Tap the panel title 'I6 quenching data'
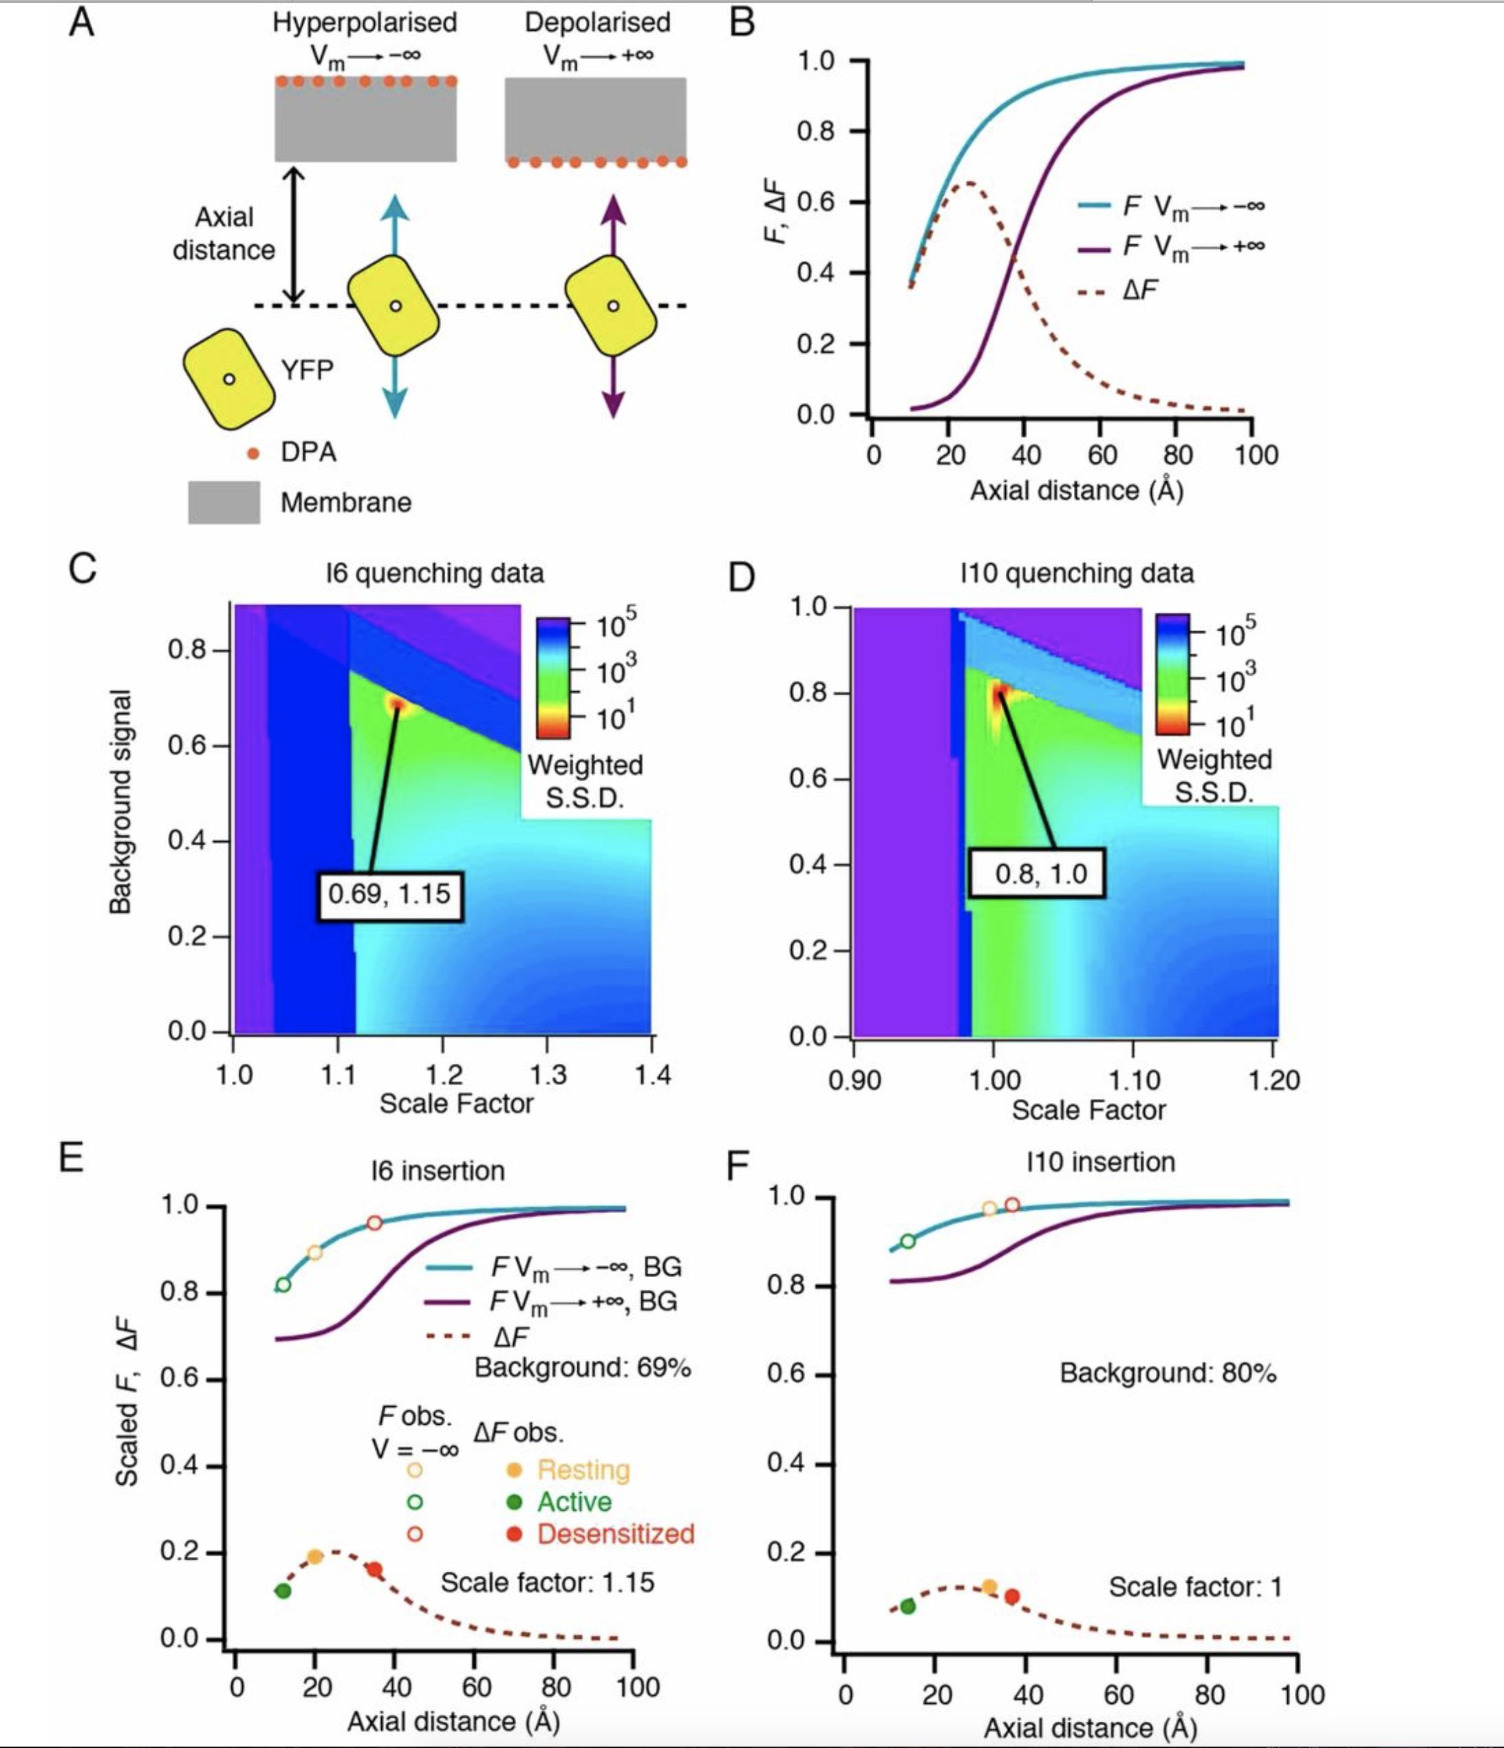(x=435, y=573)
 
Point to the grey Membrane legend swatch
(x=224, y=502)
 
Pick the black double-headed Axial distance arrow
(x=294, y=235)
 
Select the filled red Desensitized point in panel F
(x=1012, y=1596)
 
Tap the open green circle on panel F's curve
(x=908, y=1241)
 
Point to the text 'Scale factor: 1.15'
(x=547, y=1582)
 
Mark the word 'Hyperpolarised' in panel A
(x=365, y=22)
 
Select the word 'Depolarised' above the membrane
(x=598, y=22)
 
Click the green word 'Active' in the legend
(x=574, y=1502)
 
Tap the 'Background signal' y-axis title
(x=120, y=801)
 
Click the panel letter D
(x=741, y=579)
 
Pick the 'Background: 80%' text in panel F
(x=1168, y=1373)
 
